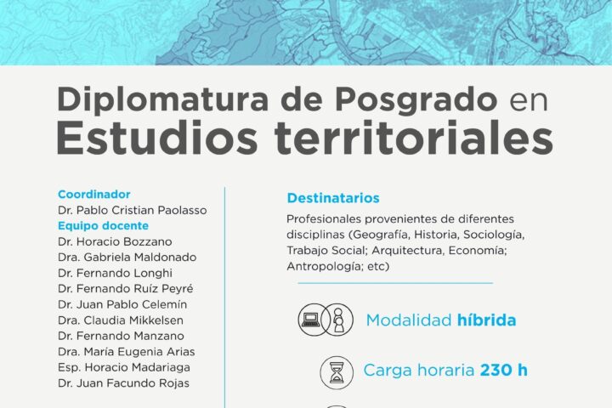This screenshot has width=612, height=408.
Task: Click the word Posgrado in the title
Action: pos(416,101)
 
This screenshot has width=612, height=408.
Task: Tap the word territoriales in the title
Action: pos(414,139)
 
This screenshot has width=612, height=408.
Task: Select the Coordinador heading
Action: pos(94,195)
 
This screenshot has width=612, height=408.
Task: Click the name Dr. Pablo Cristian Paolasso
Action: pos(133,210)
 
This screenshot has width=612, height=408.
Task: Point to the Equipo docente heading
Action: pos(103,225)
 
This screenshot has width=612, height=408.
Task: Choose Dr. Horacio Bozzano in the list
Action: pos(115,241)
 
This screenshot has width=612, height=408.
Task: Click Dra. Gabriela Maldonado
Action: pos(127,258)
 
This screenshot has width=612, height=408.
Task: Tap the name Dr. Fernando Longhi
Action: pos(115,273)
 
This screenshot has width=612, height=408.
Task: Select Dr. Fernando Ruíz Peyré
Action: pos(125,288)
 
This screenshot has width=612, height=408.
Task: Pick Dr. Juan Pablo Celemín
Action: pos(122,304)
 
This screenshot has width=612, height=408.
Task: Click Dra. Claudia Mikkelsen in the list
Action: pos(120,320)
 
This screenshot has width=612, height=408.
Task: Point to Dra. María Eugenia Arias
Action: pos(126,351)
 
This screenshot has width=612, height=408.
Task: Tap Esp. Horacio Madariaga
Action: pos(124,367)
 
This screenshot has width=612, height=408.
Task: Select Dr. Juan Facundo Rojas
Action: pos(123,383)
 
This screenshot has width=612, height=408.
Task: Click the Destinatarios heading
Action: pos(333,198)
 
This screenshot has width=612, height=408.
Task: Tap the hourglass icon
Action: pos(337,373)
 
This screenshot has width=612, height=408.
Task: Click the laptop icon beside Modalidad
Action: pos(311,320)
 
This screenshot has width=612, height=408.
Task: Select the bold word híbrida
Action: pos(487,320)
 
